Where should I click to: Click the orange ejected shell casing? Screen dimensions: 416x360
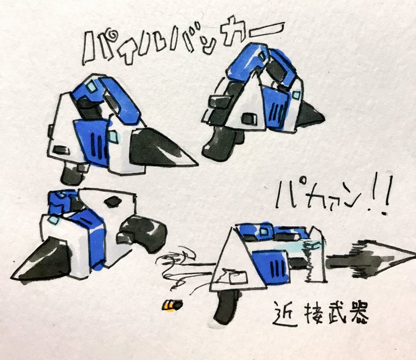point(172,305)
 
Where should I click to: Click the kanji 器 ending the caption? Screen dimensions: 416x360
point(359,314)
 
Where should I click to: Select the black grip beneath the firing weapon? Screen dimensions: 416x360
point(226,307)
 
